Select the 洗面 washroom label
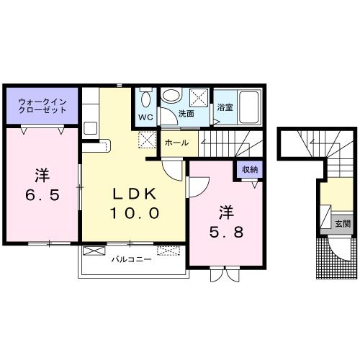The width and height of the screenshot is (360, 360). click(186, 114)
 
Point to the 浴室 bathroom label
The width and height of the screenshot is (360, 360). click(225, 107)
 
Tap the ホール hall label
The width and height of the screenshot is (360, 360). click(177, 143)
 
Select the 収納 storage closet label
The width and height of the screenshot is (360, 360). click(250, 170)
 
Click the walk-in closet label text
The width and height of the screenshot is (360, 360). click(42, 107)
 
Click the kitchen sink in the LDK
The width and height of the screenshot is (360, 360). click(91, 128)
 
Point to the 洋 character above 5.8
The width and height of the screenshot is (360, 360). click(226, 212)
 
